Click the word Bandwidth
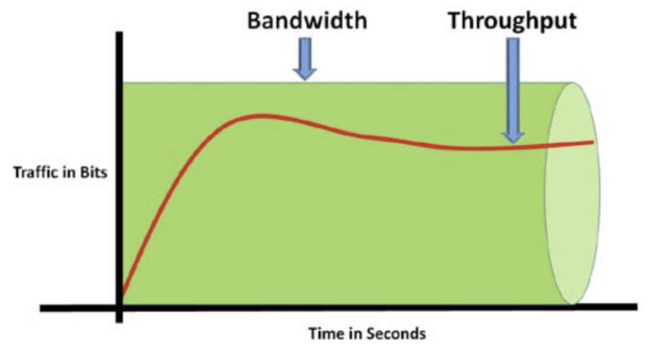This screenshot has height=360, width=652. (307, 21)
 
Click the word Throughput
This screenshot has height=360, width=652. (512, 21)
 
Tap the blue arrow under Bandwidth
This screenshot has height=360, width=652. (305, 58)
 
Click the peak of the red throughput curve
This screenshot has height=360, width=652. (258, 115)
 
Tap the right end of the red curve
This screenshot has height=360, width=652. (592, 142)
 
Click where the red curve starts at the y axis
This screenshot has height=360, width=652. (123, 294)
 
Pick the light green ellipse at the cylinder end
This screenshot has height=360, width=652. (572, 193)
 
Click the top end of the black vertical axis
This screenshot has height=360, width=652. (119, 33)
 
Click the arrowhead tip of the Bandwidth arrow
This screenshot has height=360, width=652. (305, 79)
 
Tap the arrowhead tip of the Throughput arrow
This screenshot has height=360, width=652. (513, 142)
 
